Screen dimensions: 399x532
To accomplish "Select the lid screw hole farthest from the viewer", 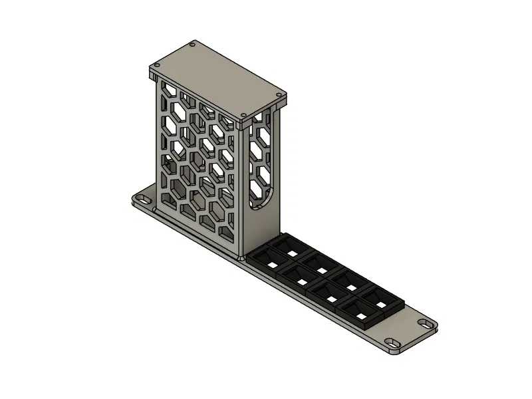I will click(193, 45).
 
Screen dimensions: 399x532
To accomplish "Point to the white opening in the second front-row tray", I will click(302, 283).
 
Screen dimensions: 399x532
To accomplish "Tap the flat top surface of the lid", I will click(216, 83).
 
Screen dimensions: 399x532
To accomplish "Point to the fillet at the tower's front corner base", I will click(240, 255).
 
